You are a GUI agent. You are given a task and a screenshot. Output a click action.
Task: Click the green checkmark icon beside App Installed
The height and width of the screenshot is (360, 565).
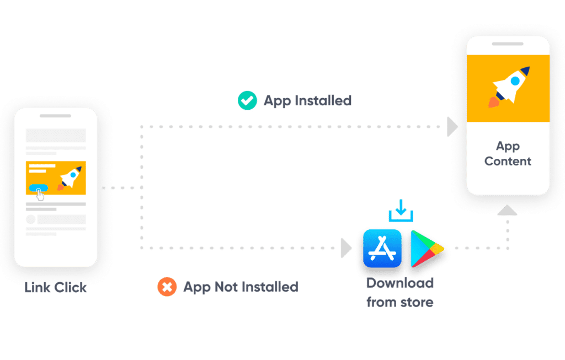pyautogui.click(x=247, y=100)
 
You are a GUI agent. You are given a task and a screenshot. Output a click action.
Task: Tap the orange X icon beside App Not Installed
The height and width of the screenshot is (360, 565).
pyautogui.click(x=167, y=287)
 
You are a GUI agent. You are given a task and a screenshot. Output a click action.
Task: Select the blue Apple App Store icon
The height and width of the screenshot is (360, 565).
pyautogui.click(x=382, y=248)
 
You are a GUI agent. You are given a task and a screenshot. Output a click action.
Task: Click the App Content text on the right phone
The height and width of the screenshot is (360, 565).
pyautogui.click(x=508, y=154)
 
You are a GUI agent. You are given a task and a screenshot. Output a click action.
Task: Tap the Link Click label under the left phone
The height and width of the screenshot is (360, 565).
pyautogui.click(x=56, y=287)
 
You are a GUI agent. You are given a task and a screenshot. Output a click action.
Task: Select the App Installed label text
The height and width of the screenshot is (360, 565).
pyautogui.click(x=307, y=101)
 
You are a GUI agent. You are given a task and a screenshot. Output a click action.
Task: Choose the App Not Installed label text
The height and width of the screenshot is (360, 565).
pyautogui.click(x=241, y=287)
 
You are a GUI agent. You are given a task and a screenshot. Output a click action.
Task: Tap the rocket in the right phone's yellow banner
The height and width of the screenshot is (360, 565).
pyautogui.click(x=508, y=87)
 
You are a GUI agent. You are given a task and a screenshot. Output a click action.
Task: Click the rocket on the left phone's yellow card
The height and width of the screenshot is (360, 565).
pyautogui.click(x=70, y=178)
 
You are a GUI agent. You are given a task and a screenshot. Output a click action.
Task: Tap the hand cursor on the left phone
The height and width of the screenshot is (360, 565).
pyautogui.click(x=40, y=194)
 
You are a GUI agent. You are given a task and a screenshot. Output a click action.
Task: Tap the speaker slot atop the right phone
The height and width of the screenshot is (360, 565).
pyautogui.click(x=508, y=44)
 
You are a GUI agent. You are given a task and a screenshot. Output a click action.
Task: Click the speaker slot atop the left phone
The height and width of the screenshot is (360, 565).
pyautogui.click(x=56, y=116)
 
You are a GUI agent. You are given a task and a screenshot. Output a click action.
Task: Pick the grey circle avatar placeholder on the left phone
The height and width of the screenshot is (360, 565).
pyautogui.click(x=31, y=219)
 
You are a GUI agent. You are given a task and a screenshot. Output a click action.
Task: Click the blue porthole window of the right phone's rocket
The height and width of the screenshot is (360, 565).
pyautogui.click(x=515, y=81)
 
